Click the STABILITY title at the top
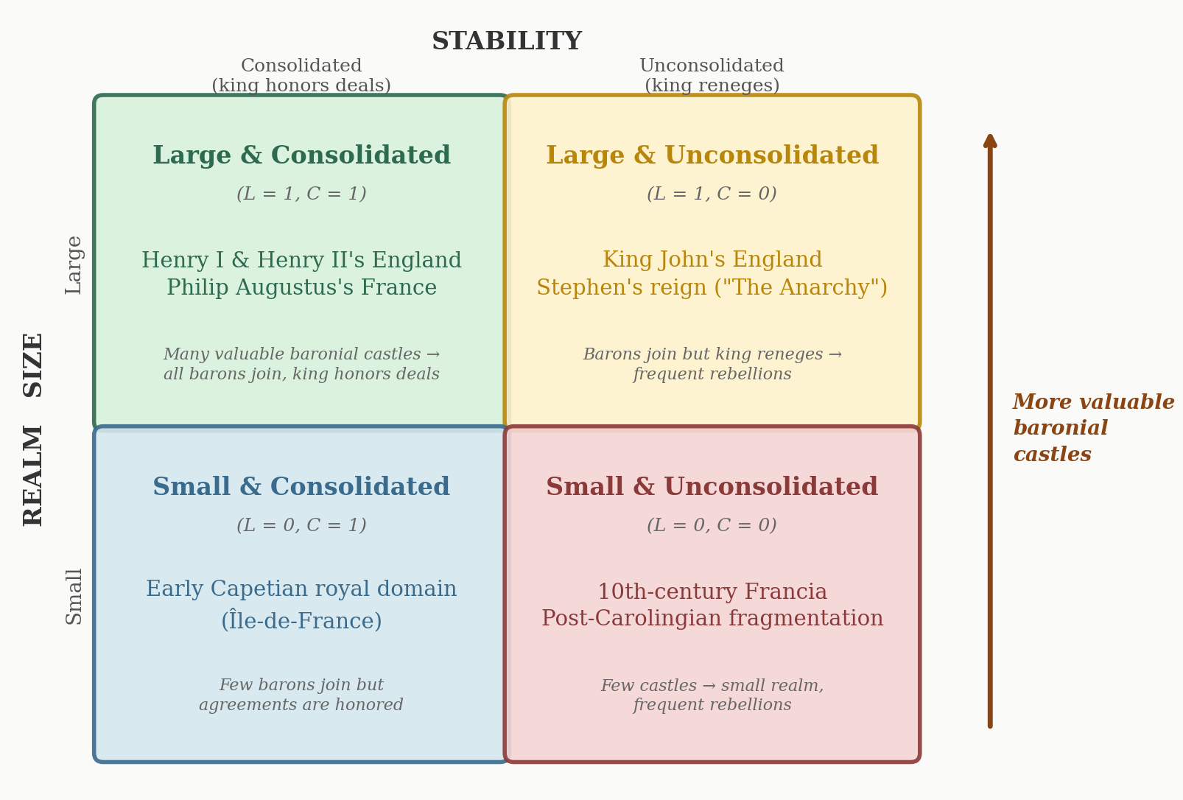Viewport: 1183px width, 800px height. (506, 42)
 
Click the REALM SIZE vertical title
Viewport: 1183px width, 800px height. (34, 429)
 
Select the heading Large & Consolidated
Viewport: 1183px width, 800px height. (301, 156)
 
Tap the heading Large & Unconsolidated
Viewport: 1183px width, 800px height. (712, 156)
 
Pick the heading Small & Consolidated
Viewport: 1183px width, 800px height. (301, 488)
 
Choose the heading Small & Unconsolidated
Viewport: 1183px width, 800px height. (712, 488)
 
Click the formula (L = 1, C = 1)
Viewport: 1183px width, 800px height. (301, 194)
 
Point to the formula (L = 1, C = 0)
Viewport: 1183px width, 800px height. (712, 194)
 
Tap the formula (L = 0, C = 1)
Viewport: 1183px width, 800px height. (301, 526)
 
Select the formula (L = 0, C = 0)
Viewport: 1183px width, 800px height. (712, 526)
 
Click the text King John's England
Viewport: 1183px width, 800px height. (712, 260)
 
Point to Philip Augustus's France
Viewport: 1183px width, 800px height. (301, 288)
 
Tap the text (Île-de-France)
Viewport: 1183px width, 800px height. (301, 621)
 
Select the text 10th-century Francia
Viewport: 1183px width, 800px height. (712, 592)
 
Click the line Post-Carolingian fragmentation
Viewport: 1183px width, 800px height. (712, 619)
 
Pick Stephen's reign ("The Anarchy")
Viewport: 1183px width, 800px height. (712, 288)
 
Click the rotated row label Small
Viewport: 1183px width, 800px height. (74, 596)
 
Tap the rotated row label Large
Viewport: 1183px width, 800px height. (74, 265)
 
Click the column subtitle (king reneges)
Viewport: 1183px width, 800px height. (712, 86)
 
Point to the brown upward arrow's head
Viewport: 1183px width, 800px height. (990, 140)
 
